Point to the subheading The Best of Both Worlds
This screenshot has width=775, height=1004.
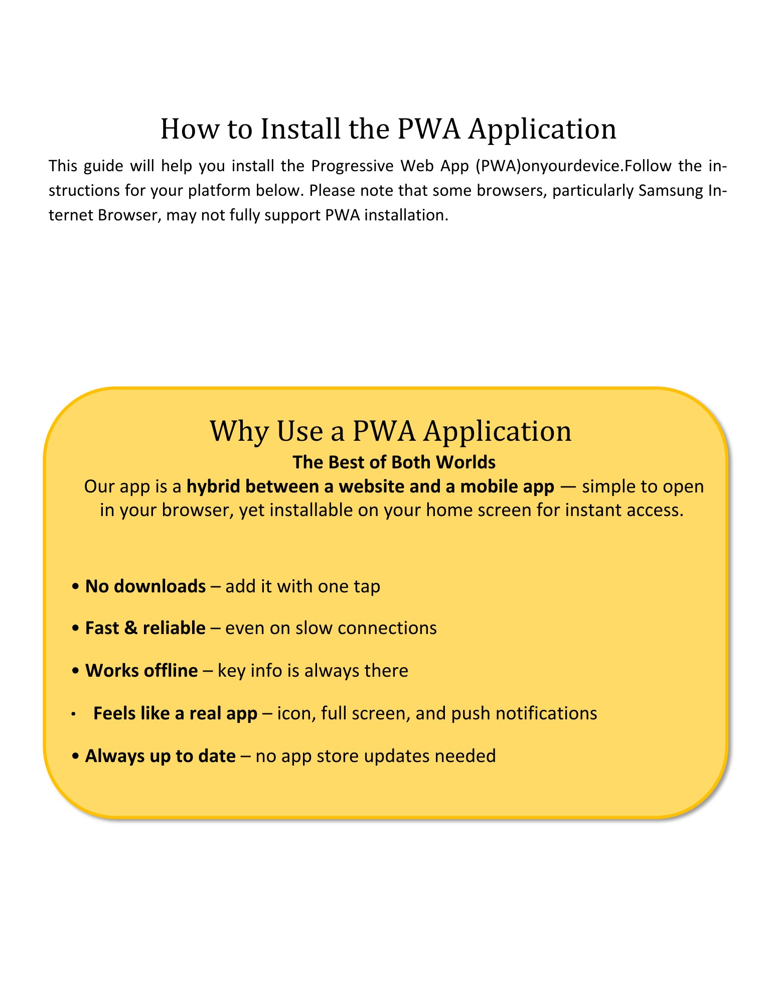[x=394, y=462]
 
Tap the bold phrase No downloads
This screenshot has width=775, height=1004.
[x=145, y=586]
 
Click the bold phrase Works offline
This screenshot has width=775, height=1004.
[x=141, y=671]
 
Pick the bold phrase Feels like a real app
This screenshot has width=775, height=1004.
[x=175, y=713]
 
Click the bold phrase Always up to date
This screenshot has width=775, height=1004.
[x=161, y=756]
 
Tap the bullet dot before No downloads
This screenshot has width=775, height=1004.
[x=75, y=586]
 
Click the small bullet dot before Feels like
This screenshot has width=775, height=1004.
[x=73, y=714]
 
